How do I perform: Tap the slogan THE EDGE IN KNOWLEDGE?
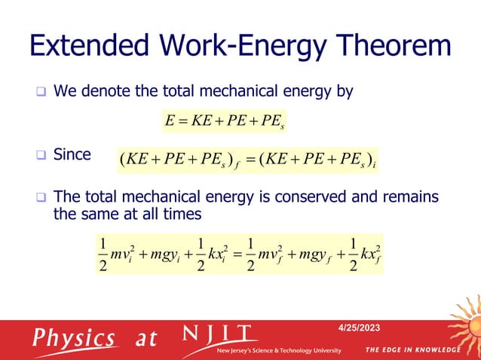(412, 350)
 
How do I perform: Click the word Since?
(72, 155)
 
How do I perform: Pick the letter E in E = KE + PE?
(168, 120)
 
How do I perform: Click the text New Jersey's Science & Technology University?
(279, 351)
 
